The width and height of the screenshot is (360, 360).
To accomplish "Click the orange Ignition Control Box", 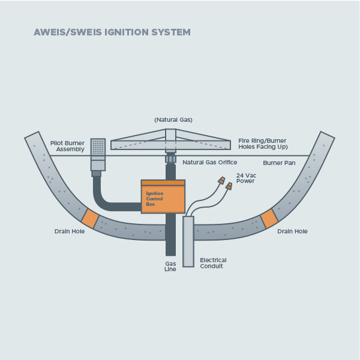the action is point(163,197).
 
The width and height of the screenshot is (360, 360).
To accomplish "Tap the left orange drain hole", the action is point(90,218).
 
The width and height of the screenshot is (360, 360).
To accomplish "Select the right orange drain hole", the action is point(269,218).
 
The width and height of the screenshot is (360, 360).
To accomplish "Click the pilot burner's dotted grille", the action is point(98,147).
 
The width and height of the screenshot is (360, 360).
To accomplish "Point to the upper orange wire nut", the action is point(221,180).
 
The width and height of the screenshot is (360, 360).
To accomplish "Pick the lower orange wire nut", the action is point(229,186).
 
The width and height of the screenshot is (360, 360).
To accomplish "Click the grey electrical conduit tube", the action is point(188,242).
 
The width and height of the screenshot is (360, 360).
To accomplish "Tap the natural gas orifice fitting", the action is point(170,159).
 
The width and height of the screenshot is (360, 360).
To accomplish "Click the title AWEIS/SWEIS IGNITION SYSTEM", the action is point(112,32).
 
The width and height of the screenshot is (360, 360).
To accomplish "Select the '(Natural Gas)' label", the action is point(173,120).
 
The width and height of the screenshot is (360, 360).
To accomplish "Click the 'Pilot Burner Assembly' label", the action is point(67,146).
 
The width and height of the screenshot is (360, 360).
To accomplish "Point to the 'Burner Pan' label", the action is point(279,163).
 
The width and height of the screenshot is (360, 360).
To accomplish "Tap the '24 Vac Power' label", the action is point(246,178).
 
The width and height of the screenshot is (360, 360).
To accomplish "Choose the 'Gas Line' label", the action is point(170,266).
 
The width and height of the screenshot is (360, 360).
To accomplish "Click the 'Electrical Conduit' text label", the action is point(213,263).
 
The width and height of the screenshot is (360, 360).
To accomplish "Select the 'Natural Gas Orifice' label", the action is point(210,163).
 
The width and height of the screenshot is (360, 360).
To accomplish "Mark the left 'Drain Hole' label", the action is point(70,231).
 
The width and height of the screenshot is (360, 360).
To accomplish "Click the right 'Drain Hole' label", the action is point(292,231).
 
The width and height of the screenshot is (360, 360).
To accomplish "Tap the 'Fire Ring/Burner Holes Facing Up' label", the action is point(263,144).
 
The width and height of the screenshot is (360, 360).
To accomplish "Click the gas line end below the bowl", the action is point(170,256).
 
